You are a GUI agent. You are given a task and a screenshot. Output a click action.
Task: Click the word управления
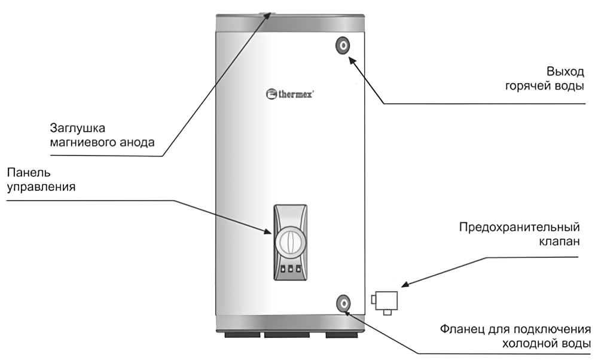(x=40, y=187)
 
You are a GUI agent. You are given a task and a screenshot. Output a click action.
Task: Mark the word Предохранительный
(x=520, y=228)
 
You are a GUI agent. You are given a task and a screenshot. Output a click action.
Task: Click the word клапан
(x=556, y=242)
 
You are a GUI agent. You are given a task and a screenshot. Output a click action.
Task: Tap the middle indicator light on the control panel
(x=291, y=270)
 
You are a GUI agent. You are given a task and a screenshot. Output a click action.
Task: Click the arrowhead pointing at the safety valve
(x=404, y=285)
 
